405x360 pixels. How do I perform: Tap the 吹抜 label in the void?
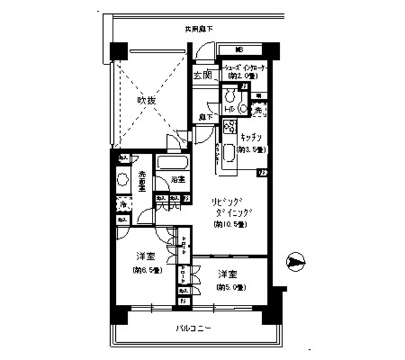[148, 100]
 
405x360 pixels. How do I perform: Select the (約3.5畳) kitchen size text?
[250, 150]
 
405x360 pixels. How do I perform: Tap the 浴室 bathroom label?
[178, 180]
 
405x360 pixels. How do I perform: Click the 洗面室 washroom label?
[142, 180]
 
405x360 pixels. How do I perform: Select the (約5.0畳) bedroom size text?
[229, 287]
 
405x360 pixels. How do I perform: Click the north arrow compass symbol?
[296, 260]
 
